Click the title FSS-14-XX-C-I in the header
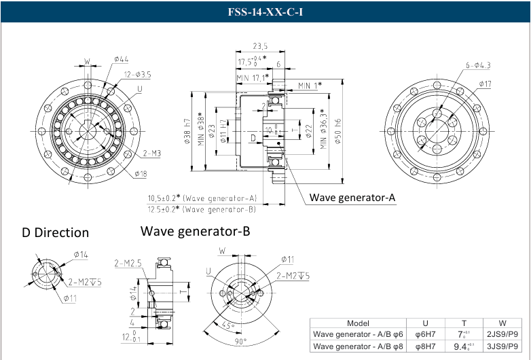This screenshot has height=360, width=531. click(x=265, y=12)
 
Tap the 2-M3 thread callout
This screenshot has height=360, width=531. click(x=151, y=154)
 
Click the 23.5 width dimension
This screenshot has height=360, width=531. click(x=259, y=46)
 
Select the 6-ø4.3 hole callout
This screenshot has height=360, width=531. click(x=477, y=65)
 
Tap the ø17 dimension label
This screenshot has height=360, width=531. click(x=484, y=84)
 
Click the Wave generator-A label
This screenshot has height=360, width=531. click(x=352, y=198)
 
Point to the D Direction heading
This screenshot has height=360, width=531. click(x=55, y=232)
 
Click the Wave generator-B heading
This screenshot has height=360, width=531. click(x=196, y=231)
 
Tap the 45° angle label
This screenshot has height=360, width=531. click(x=230, y=324)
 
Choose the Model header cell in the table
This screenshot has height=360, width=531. click(x=358, y=323)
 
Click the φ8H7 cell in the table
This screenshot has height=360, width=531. click(x=425, y=346)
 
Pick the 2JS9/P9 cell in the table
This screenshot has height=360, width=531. click(x=502, y=334)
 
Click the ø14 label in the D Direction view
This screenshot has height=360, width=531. click(x=81, y=255)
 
